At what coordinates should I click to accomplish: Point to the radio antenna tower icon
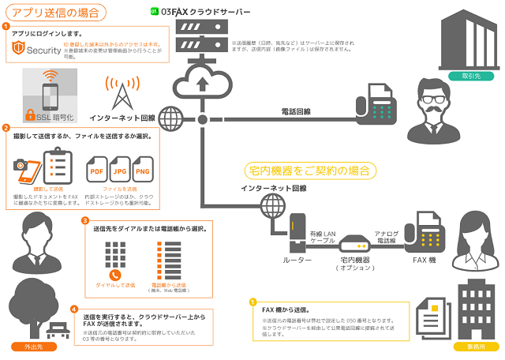click(121, 93)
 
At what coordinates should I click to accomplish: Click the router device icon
click(298, 232)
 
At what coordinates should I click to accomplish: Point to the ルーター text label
click(298, 260)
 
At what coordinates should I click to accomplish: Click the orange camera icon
click(22, 167)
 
